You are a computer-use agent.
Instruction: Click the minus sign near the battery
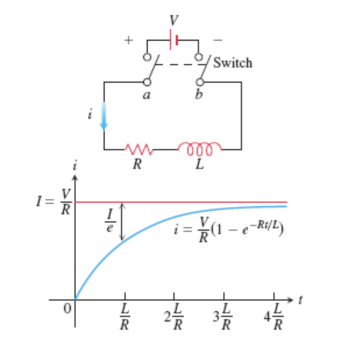(218, 40)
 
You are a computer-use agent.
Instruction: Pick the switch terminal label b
(199, 96)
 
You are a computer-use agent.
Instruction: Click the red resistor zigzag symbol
(139, 149)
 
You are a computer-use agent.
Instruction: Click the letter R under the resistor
(137, 165)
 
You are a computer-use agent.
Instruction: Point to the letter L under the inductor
(200, 165)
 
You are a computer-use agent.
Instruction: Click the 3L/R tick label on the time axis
(223, 317)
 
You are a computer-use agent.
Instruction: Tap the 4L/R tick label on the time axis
(273, 317)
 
